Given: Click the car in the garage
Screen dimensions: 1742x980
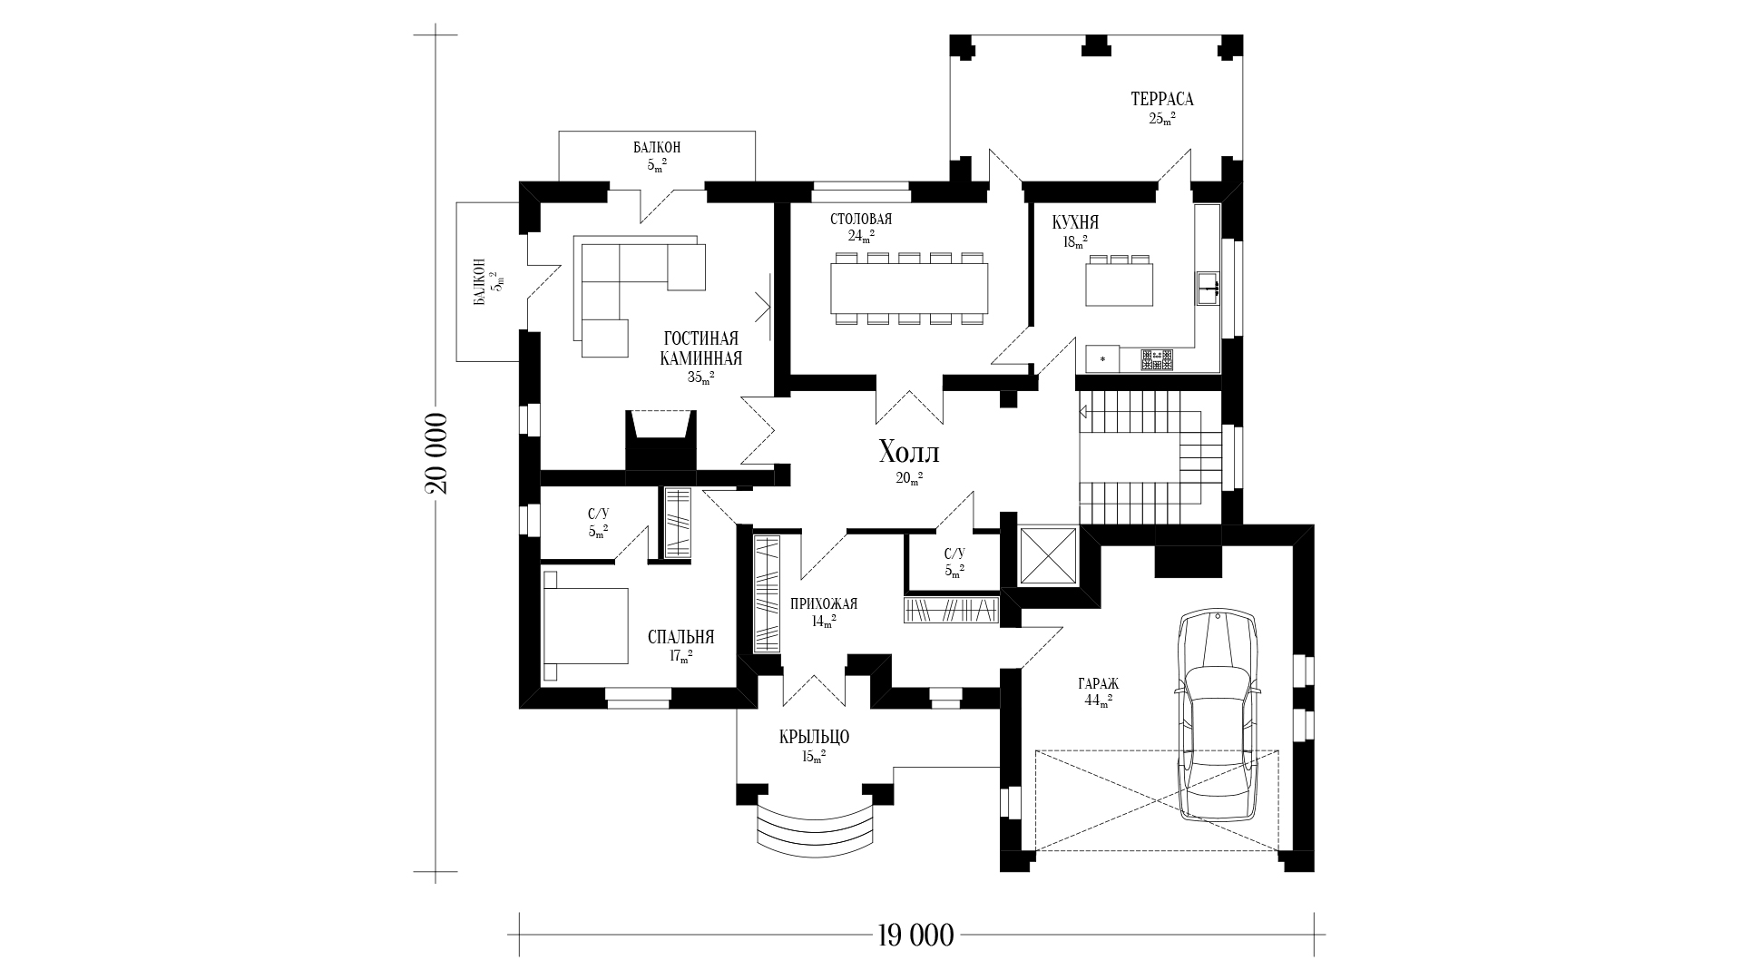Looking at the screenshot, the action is pyautogui.click(x=1218, y=716).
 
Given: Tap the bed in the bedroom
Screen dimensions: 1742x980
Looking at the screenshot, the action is pyautogui.click(x=585, y=625).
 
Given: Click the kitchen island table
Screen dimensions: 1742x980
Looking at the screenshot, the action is pyautogui.click(x=1120, y=282).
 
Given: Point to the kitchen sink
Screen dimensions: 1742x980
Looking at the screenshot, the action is pyautogui.click(x=1208, y=289).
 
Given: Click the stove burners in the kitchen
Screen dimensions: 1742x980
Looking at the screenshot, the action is pyautogui.click(x=1157, y=360).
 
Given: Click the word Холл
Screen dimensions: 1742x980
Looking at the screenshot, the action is pyautogui.click(x=909, y=453).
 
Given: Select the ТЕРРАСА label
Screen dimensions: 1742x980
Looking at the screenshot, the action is pyautogui.click(x=1161, y=99).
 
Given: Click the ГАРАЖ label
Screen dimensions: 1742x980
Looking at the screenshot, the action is pyautogui.click(x=1099, y=684).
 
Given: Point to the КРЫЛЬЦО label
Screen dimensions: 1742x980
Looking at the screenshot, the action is pyautogui.click(x=814, y=737).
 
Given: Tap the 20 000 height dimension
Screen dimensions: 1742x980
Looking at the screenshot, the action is pyautogui.click(x=435, y=454).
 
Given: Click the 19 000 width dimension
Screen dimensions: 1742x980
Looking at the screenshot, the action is pyautogui.click(x=916, y=935).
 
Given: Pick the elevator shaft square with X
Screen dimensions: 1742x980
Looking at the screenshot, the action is pyautogui.click(x=1048, y=555).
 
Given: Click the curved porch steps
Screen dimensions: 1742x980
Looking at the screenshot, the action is pyautogui.click(x=817, y=828).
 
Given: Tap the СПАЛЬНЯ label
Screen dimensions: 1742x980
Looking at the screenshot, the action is pyautogui.click(x=681, y=637).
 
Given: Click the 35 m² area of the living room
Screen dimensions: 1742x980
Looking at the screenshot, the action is pyautogui.click(x=700, y=377).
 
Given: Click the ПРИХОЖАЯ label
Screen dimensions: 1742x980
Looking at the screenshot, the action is pyautogui.click(x=824, y=603).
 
